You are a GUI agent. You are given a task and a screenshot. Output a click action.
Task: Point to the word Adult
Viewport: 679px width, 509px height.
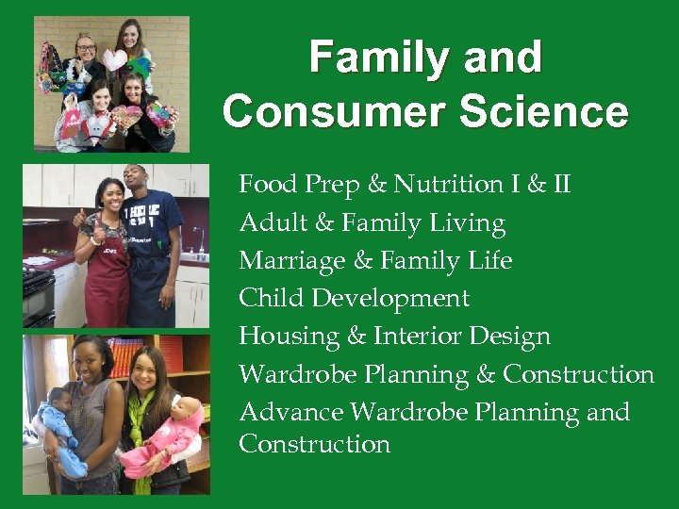(x=269, y=222)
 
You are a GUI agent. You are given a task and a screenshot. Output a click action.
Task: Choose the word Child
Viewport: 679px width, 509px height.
(x=270, y=298)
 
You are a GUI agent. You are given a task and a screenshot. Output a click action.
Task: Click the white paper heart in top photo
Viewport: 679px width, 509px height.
(x=115, y=59)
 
